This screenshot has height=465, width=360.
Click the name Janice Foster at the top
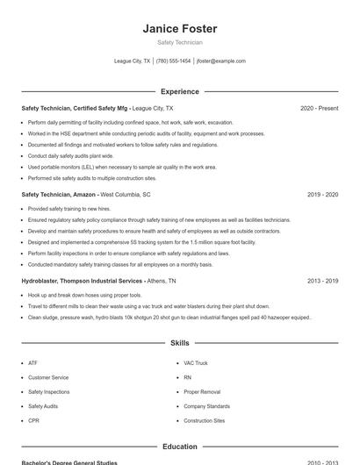click(179, 29)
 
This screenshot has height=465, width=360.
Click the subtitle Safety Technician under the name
click(179, 42)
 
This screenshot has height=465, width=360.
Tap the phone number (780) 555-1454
click(174, 61)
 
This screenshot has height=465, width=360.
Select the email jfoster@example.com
click(221, 61)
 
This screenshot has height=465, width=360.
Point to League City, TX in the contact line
click(133, 61)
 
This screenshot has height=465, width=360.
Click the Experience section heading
click(179, 91)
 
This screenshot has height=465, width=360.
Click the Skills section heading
click(179, 343)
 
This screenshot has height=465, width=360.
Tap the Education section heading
click(179, 447)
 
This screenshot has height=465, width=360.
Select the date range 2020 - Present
click(319, 108)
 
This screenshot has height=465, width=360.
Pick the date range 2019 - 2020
click(323, 195)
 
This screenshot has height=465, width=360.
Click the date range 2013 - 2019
click(323, 281)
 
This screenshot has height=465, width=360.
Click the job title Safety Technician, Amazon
click(59, 195)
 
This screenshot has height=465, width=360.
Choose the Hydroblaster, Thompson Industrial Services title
click(83, 281)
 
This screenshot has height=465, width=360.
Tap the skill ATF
click(32, 362)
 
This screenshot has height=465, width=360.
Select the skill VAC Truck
click(195, 362)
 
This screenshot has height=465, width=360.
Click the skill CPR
click(33, 420)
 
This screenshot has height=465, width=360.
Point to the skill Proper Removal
click(202, 391)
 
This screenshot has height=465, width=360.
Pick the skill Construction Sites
click(204, 420)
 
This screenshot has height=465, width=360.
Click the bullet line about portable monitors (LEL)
click(122, 167)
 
